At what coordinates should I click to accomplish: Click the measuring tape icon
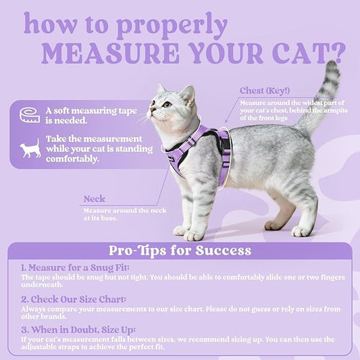[x=30, y=115]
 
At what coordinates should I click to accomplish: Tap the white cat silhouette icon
[x=30, y=149]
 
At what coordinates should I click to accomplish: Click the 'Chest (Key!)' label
[x=265, y=91]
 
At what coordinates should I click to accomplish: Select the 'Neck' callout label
[x=95, y=199]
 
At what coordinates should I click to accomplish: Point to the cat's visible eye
[x=167, y=105]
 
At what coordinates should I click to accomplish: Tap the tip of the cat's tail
[x=332, y=63]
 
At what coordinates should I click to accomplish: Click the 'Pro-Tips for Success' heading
[x=180, y=251]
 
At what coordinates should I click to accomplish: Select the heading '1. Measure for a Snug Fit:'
[x=75, y=267]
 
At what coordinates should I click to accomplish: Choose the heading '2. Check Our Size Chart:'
[x=74, y=299]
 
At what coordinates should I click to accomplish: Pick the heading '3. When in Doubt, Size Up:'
[x=78, y=330]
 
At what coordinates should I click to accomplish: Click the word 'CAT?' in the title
[x=309, y=53]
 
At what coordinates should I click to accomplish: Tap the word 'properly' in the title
[x=172, y=26]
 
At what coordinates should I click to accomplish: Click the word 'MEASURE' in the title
[x=111, y=53]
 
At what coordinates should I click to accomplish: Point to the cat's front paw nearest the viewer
[x=193, y=236]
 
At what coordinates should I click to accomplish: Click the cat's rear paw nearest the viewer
[x=301, y=232]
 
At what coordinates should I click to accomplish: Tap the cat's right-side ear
[x=188, y=95]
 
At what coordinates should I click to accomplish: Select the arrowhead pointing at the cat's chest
[x=226, y=121]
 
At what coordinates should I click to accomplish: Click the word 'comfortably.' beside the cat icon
[x=72, y=159]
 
